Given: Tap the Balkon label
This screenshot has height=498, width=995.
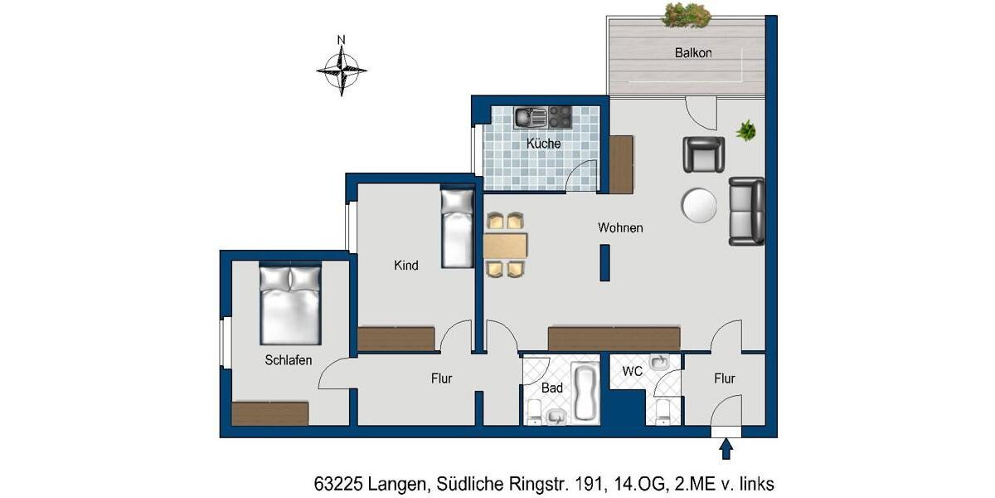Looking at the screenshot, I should click(692, 52).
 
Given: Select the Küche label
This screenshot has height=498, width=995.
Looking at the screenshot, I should click(543, 144).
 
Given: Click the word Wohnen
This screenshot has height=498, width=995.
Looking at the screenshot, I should click(620, 227).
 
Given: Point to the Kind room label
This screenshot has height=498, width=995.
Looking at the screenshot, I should click(405, 266).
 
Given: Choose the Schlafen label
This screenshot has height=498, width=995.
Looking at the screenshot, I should click(288, 360).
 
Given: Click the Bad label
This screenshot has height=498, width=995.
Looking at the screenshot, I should click(552, 388).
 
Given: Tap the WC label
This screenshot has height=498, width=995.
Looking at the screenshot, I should click(633, 372).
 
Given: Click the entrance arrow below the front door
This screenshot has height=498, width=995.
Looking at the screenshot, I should click(726, 449).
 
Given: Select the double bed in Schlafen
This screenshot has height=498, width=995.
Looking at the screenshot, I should click(290, 304).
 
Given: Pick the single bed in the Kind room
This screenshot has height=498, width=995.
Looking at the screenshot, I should click(457, 229).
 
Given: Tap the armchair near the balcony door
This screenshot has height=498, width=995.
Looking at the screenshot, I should click(703, 154).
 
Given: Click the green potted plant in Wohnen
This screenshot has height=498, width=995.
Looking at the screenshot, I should click(746, 130).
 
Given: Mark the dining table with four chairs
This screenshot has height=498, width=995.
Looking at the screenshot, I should click(505, 245).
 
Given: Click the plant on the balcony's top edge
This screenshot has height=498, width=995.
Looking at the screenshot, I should click(685, 13).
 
